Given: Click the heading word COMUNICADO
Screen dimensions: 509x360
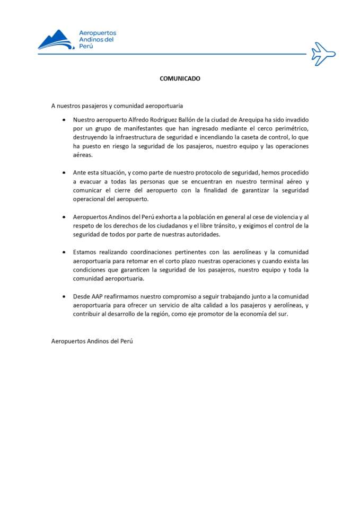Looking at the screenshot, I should pos(180,78).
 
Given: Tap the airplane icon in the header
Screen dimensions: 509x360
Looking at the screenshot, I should pos(323,53).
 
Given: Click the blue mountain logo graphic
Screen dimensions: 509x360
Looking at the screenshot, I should pos(55,40).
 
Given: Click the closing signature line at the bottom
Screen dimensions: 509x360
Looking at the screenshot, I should pos(92,341).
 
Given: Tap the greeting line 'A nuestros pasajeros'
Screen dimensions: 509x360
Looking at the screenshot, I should pos(117,106).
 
